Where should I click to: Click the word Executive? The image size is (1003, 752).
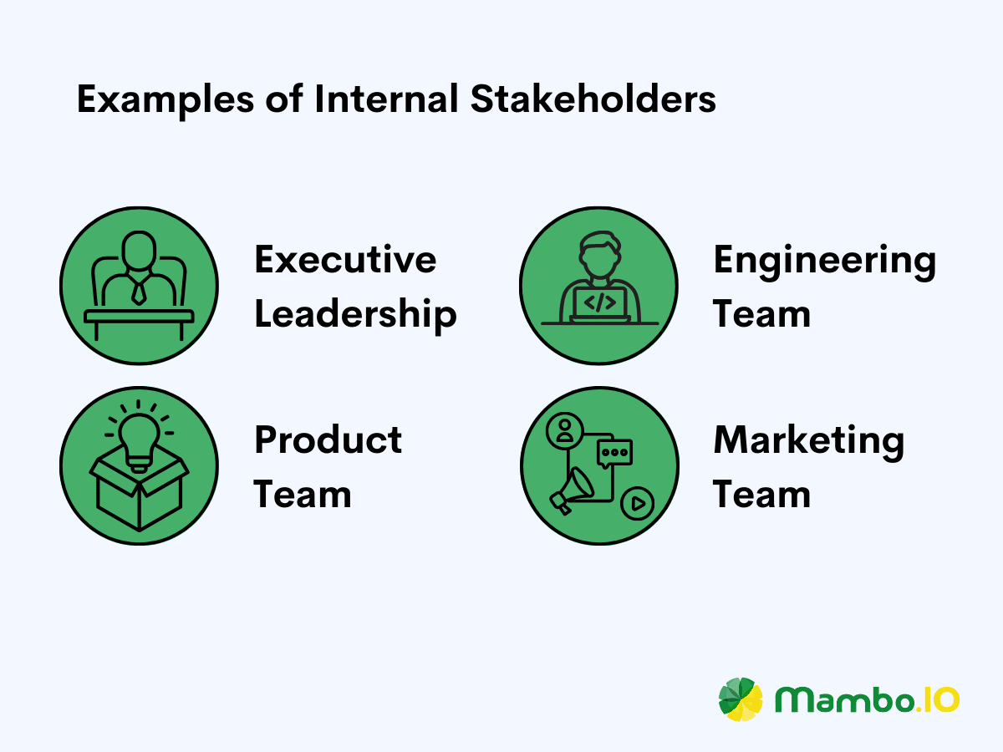[345, 260]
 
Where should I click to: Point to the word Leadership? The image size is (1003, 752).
[355, 315]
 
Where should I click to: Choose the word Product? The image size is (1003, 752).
[328, 440]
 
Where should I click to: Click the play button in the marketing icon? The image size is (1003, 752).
[637, 504]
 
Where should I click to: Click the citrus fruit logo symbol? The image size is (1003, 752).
[741, 699]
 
